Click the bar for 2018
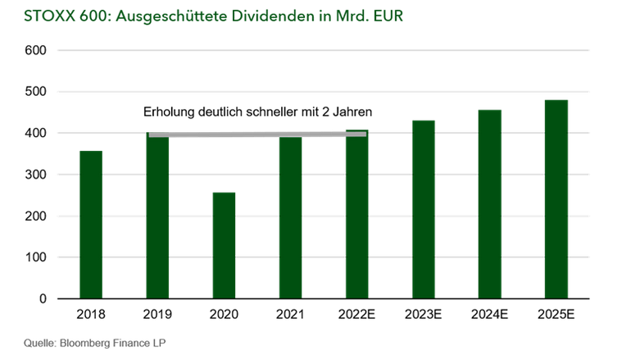pyautogui.click(x=90, y=225)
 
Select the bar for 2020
pyautogui.click(x=224, y=245)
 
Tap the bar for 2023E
pyautogui.click(x=423, y=209)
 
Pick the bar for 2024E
pyautogui.click(x=489, y=204)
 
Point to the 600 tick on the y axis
pyautogui.click(x=36, y=51)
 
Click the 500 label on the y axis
pyautogui.click(x=36, y=92)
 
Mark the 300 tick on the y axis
pyautogui.click(x=36, y=175)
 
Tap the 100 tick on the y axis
pyautogui.click(x=36, y=257)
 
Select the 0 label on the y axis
pyautogui.click(x=42, y=299)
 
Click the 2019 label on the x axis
pyautogui.click(x=157, y=315)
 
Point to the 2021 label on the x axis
pyautogui.click(x=290, y=315)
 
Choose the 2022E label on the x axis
pyautogui.click(x=356, y=315)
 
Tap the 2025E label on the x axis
pyautogui.click(x=556, y=315)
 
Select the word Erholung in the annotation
pyautogui.click(x=169, y=112)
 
